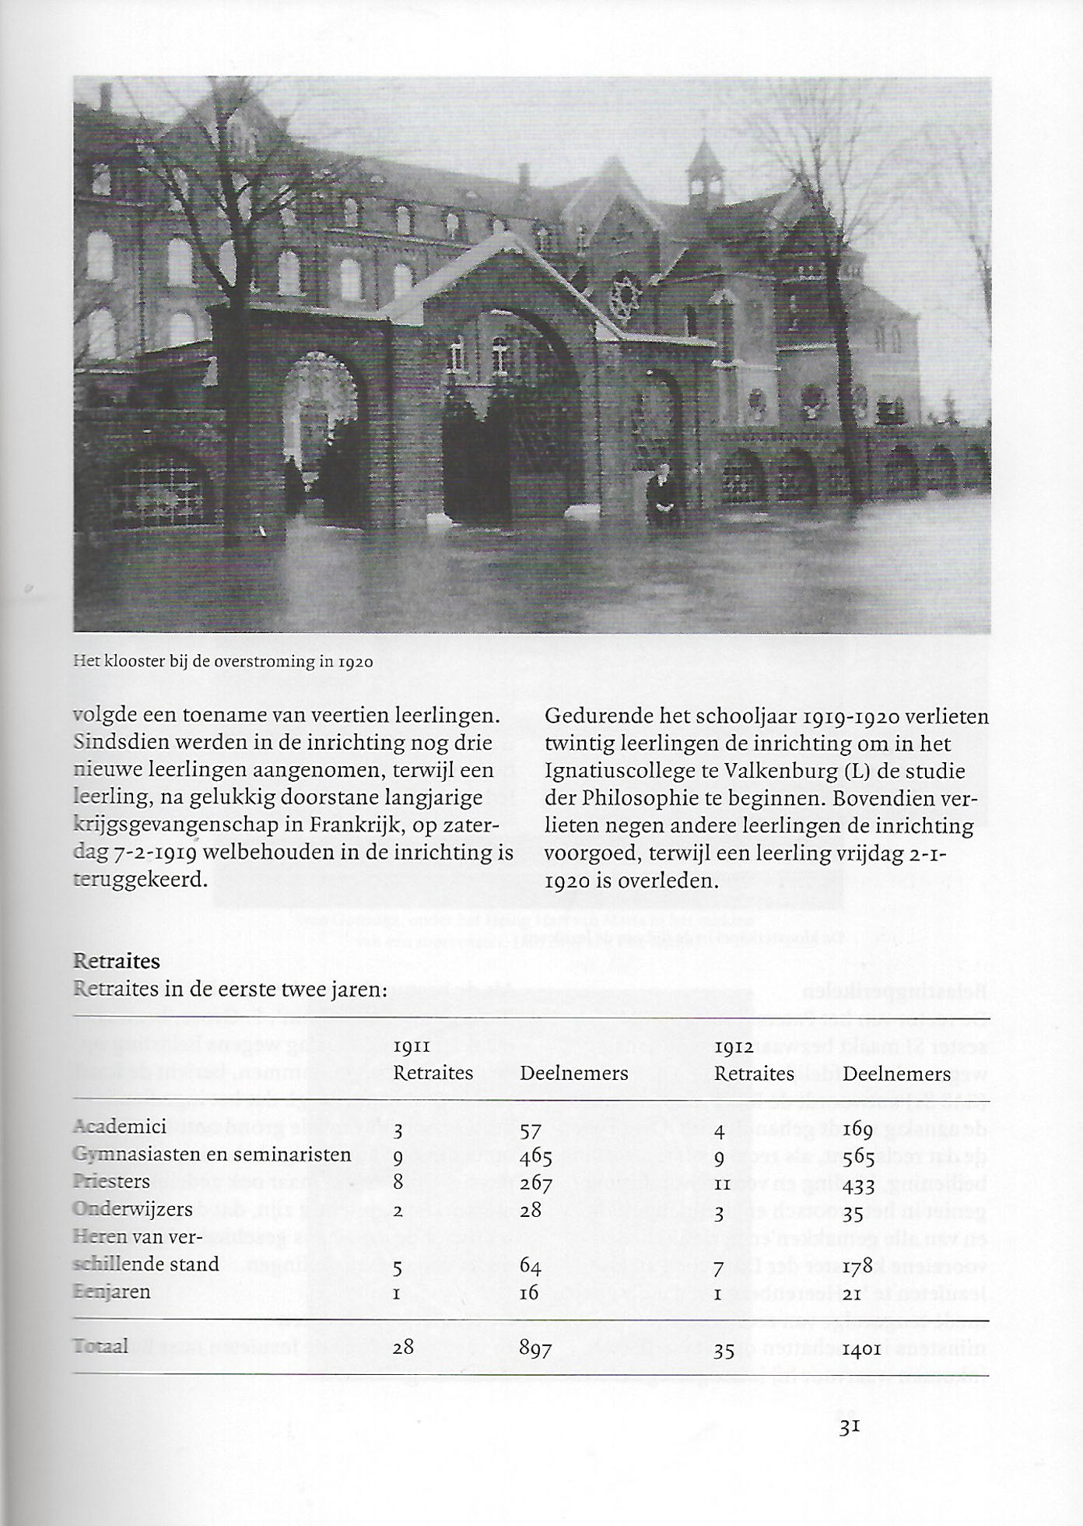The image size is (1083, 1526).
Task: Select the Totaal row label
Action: tap(101, 1345)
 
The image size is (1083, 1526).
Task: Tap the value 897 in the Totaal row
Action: tap(536, 1348)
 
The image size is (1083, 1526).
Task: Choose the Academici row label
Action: tap(120, 1127)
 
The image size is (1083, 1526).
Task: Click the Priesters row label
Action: tap(111, 1181)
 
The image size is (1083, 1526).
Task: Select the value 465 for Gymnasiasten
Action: tap(536, 1156)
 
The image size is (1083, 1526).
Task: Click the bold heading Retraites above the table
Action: tap(116, 961)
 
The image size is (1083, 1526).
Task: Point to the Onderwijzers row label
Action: tap(132, 1209)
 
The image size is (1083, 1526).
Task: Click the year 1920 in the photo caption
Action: tap(356, 663)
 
